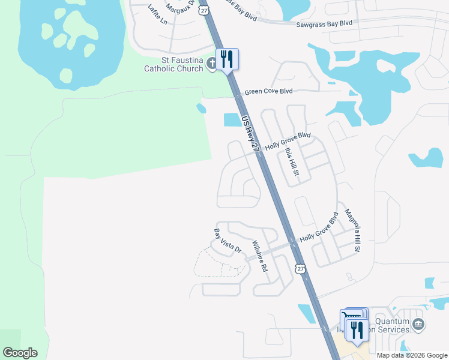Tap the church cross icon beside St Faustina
click(211, 63)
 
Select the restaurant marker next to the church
click(227, 59)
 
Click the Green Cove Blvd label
click(268, 91)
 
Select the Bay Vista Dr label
click(228, 240)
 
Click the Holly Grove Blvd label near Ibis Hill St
click(288, 140)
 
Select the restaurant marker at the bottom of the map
click(357, 329)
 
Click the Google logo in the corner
click(20, 353)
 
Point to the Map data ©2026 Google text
click(412, 355)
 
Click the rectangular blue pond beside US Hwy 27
click(232, 119)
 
